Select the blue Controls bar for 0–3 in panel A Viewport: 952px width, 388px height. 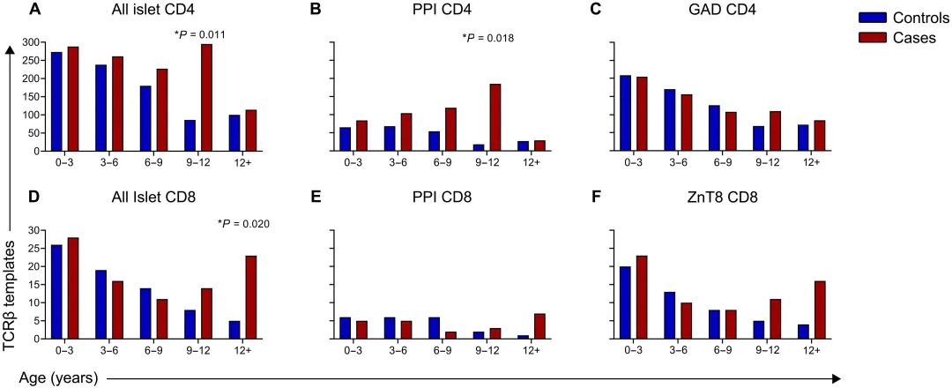[x=56, y=101]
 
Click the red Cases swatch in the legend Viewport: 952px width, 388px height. [x=873, y=38]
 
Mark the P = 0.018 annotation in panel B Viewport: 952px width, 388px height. [x=488, y=38]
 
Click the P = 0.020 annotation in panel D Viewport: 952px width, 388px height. [x=243, y=224]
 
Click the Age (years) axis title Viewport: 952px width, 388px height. [x=53, y=377]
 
